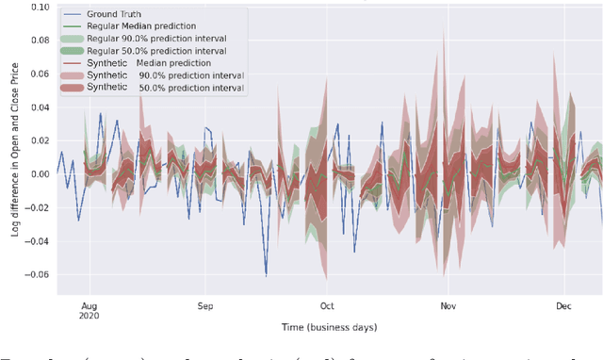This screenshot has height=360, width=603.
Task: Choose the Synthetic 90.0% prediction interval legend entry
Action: pyautogui.click(x=155, y=75)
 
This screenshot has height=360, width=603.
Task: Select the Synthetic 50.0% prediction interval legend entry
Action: pyautogui.click(x=155, y=88)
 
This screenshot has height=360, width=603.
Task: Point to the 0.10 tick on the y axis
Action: pyautogui.click(x=39, y=7)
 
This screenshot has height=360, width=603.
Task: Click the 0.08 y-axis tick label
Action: pyautogui.click(x=39, y=41)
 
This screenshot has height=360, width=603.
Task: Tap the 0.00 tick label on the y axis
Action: pyautogui.click(x=39, y=174)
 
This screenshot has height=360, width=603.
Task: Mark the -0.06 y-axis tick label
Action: pyautogui.click(x=37, y=275)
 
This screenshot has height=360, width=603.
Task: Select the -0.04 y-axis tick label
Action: pyautogui.click(x=37, y=241)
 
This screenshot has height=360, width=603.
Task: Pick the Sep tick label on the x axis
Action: pyautogui.click(x=206, y=306)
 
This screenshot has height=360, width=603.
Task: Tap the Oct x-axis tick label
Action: pyautogui.click(x=327, y=306)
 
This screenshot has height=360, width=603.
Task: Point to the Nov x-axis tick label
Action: pyautogui.click(x=448, y=306)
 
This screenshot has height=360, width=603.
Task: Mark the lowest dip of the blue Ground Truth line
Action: pyautogui.click(x=266, y=274)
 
